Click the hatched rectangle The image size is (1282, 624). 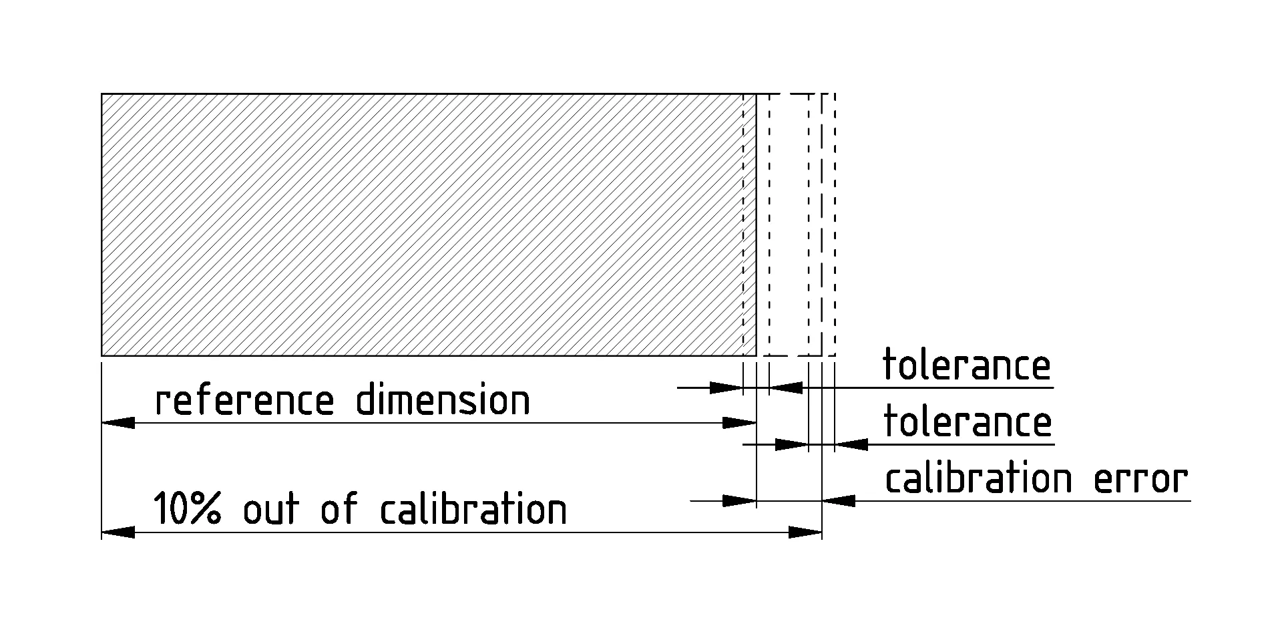pos(427,224)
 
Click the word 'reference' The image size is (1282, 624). pos(244,401)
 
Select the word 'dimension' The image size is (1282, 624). pos(442,401)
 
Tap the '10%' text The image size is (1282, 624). pos(187,509)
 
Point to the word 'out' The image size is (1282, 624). pos(270,509)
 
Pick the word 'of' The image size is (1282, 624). pos(339,509)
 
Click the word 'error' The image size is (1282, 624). pos(1140,479)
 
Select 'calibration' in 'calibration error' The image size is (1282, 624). pos(978,479)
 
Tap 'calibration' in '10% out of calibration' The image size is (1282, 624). pos(473,509)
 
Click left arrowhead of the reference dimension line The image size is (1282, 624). pos(118,423)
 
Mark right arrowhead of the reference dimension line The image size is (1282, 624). pos(740,423)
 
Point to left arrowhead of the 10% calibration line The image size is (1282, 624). pos(118,532)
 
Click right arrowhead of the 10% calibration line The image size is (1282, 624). pos(805,532)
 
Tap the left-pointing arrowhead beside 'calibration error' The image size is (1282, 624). pos(839,500)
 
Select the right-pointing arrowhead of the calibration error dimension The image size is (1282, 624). pos(740,500)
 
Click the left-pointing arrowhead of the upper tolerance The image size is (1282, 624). pos(786,387)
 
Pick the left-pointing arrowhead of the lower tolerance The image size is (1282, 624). pos(851,444)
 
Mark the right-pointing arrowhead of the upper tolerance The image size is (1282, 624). pos(726,387)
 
